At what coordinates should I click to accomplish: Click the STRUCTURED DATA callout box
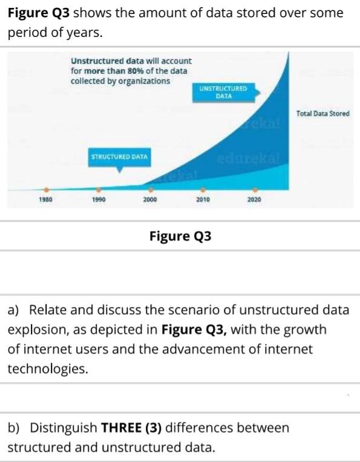tap(119, 157)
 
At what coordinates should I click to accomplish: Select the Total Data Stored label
tap(322, 113)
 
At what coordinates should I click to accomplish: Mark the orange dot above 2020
tap(255, 188)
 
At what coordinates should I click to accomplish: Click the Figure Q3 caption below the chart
tap(180, 236)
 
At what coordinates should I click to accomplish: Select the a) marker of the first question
tap(13, 310)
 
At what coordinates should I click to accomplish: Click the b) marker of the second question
tap(13, 428)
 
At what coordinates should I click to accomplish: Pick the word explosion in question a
tap(34, 330)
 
